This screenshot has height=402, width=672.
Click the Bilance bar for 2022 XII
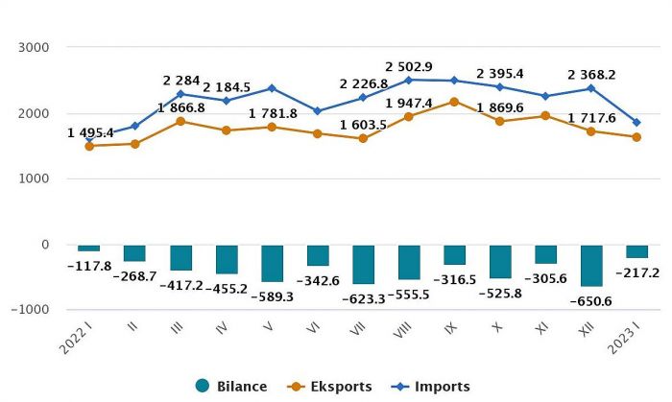click(x=591, y=265)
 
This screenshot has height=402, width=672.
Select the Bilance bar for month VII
click(x=363, y=264)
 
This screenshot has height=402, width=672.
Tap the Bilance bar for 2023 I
click(x=636, y=251)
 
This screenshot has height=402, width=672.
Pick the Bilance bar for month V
click(x=272, y=263)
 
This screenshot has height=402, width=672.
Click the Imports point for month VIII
click(x=409, y=80)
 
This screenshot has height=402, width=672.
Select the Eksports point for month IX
click(x=454, y=101)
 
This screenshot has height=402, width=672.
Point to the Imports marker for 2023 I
click(x=636, y=122)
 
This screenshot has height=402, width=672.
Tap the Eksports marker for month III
click(x=180, y=121)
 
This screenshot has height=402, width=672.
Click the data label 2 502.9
click(x=409, y=66)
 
